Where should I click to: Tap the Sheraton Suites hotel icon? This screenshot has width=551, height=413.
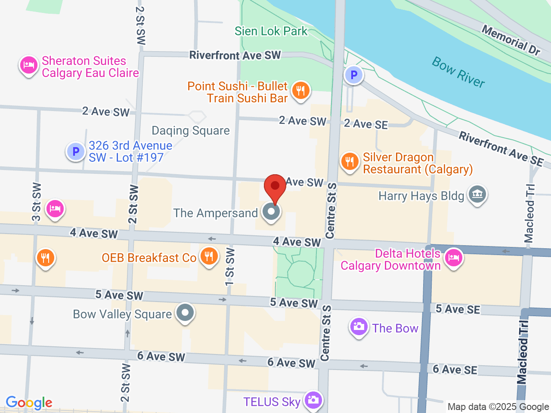click(x=28, y=66)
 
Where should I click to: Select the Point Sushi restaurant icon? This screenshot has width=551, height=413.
click(x=300, y=91)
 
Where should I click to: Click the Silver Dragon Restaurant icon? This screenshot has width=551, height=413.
click(x=350, y=162)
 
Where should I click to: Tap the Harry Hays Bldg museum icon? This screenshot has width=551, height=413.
click(x=477, y=194)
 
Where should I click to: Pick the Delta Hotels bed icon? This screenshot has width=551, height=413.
click(x=453, y=259)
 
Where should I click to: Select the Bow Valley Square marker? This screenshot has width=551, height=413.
click(x=186, y=313)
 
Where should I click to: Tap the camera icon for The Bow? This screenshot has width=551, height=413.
click(x=359, y=327)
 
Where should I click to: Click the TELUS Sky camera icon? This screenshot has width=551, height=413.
click(x=313, y=400)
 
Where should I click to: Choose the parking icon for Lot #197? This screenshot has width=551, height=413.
click(x=76, y=151)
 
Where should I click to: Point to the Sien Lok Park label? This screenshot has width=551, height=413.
click(x=271, y=31)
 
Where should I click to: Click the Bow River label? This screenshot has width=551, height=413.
click(x=458, y=72)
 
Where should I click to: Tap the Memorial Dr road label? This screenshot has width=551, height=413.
click(x=511, y=40)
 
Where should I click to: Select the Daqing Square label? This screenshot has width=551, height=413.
click(x=191, y=130)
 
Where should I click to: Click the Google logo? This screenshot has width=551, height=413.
click(x=29, y=403)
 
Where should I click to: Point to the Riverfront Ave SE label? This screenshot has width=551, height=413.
click(x=501, y=148)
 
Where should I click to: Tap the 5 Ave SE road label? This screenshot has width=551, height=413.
click(x=458, y=309)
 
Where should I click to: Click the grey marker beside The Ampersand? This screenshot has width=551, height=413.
click(x=271, y=212)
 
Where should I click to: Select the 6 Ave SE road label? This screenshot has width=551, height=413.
click(x=455, y=369)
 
